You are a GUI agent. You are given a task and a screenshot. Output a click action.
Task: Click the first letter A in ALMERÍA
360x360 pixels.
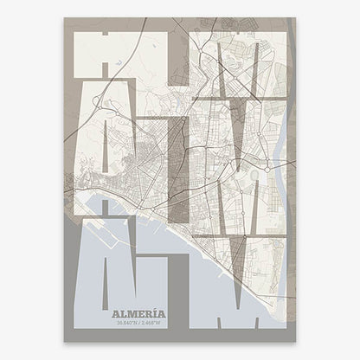click(x=117, y=313)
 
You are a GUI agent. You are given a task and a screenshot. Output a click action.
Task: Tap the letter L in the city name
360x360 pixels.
click(x=126, y=313)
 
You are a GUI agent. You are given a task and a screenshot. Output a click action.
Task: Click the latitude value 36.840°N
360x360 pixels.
click(x=130, y=324)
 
